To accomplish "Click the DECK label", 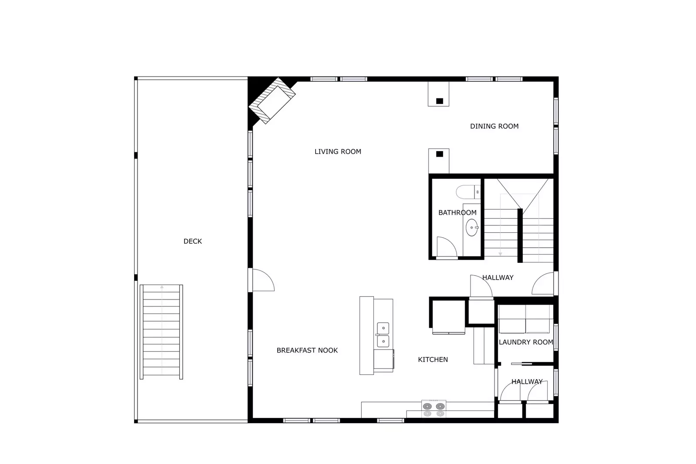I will point(192,241).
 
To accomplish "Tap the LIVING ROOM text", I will point(338,151).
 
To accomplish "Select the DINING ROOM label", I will point(494,126).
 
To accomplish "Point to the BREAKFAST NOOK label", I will point(307,350).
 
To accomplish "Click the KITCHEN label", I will point(433,360).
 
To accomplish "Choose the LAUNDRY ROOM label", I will point(526,342).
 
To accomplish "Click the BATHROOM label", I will point(457,212).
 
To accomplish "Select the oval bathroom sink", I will point(472,228).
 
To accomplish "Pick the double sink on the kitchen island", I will point(383,335).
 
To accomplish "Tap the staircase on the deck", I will point(161,331).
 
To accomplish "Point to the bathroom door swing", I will point(447,247).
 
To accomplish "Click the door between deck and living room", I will point(262,280).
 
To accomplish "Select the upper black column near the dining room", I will point(440,101).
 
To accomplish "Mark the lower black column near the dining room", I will point(440,154).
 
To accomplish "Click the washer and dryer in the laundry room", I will point(526,319).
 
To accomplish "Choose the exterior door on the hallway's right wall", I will point(544,284).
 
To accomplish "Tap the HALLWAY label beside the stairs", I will point(498,277).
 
